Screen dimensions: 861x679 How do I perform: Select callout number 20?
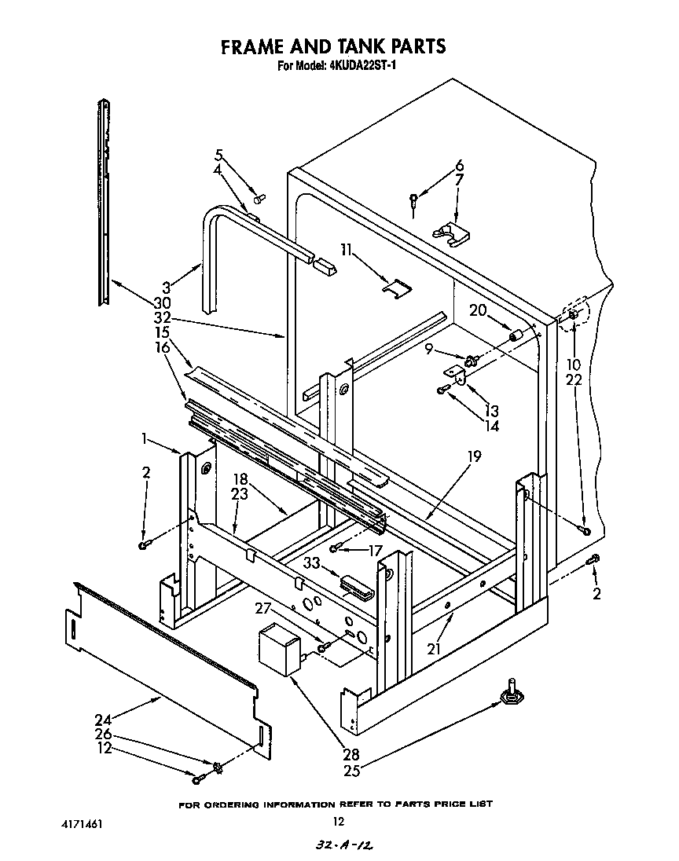[478, 310]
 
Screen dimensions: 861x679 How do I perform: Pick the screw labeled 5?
[261, 197]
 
